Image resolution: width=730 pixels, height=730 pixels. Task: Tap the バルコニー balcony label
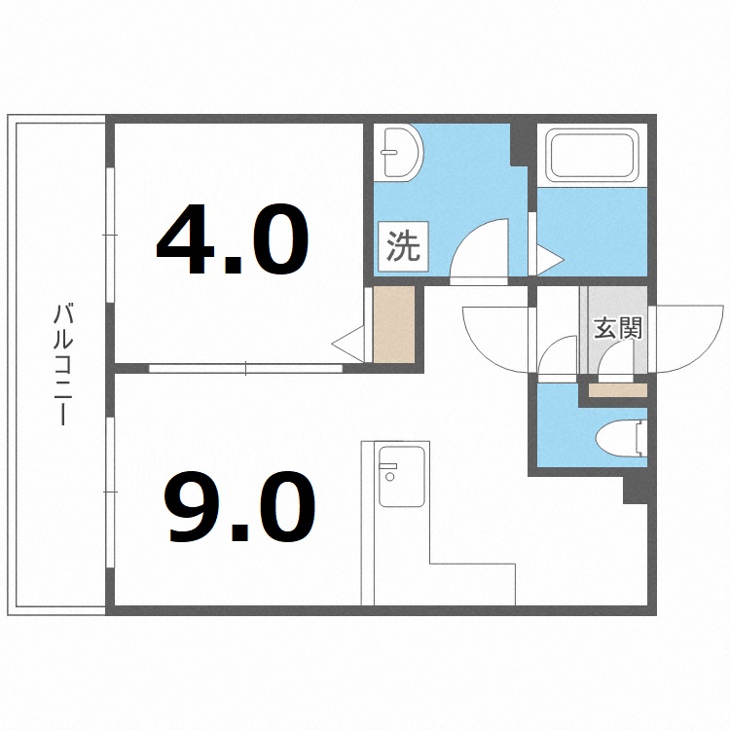click(63, 365)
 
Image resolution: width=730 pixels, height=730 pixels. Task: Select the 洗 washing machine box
click(403, 246)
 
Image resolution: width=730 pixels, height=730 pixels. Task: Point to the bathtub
click(591, 155)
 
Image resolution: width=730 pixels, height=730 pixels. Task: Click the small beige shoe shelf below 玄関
click(617, 390)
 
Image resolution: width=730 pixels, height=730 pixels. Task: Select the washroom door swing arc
click(482, 251)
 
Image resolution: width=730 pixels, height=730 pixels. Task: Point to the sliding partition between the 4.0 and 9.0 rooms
click(245, 369)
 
